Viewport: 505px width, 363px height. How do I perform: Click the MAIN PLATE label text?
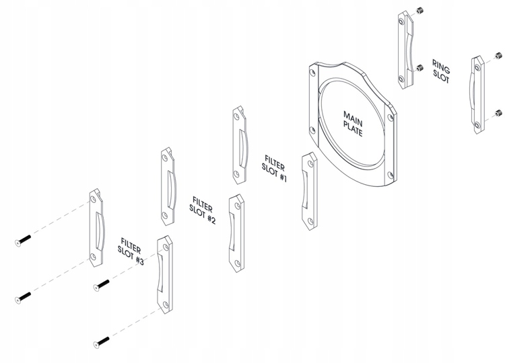click(x=353, y=124)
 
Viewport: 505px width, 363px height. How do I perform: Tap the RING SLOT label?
click(x=441, y=71)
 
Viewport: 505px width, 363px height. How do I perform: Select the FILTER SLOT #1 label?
click(x=274, y=169)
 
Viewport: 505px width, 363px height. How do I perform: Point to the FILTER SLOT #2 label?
click(x=202, y=210)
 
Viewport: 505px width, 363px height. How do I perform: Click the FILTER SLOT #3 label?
click(x=130, y=251)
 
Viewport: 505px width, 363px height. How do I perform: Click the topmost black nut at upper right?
click(x=419, y=11)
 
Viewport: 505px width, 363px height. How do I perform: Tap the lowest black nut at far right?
click(x=498, y=113)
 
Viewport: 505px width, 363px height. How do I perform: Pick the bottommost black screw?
click(x=102, y=342)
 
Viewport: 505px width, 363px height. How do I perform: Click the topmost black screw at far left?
click(x=23, y=241)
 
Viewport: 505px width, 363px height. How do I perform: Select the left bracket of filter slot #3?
click(x=96, y=228)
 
